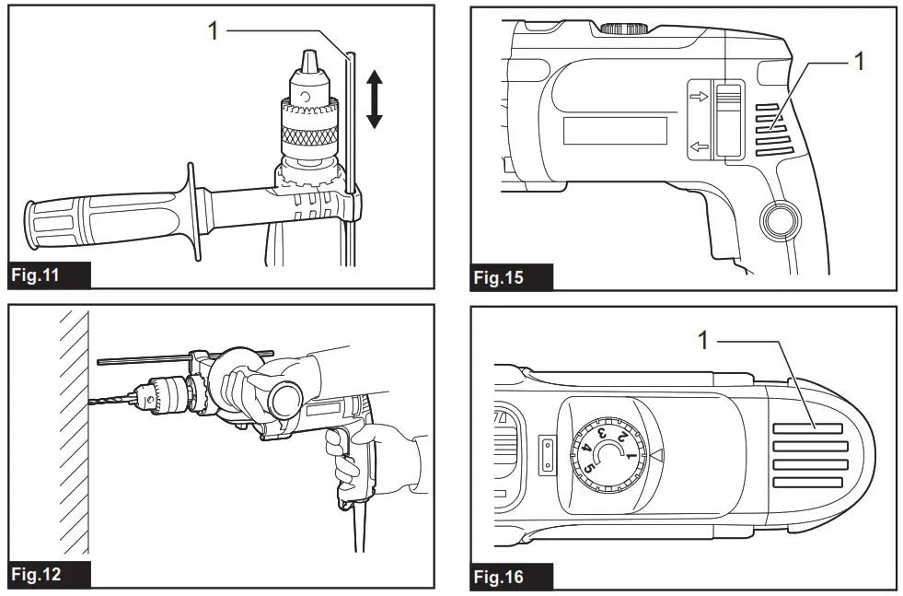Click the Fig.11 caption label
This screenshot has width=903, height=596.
[48, 275]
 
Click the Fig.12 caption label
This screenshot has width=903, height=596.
[48, 574]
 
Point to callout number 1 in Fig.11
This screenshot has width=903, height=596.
[213, 30]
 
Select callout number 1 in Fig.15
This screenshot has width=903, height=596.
[860, 64]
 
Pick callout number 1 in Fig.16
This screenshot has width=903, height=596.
[702, 342]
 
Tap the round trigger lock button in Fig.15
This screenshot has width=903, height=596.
[778, 222]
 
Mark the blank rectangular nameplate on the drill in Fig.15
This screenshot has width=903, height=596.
[615, 131]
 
